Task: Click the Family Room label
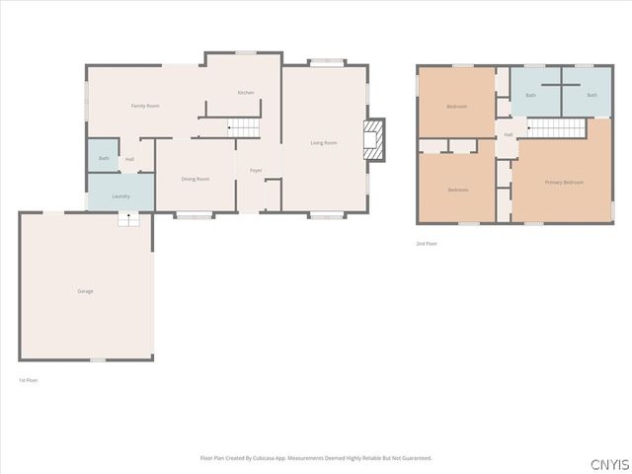pos(145,106)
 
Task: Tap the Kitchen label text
pos(246,93)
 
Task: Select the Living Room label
pos(324,143)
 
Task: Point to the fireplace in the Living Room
pos(373,139)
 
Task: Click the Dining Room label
pos(196,179)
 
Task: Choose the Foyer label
pos(256,171)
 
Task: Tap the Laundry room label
pos(121,196)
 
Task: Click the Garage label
pos(86,290)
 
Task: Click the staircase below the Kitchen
pos(244,126)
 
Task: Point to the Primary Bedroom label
pos(564,183)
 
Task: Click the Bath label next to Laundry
pos(104,158)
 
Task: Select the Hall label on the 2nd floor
pos(509,134)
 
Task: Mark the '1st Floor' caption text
pos(29,380)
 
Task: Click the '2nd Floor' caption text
pos(427,243)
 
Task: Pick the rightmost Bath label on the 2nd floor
pos(592,95)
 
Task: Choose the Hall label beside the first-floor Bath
pos(129,159)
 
